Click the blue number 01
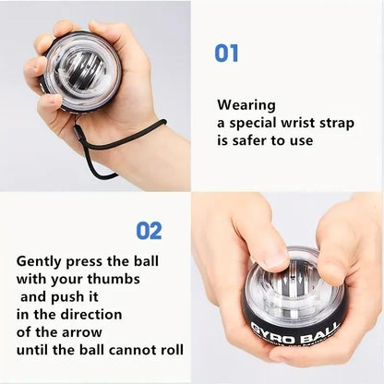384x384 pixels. [x=226, y=53]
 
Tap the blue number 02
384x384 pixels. [x=149, y=230]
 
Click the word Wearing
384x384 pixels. [x=246, y=105]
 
